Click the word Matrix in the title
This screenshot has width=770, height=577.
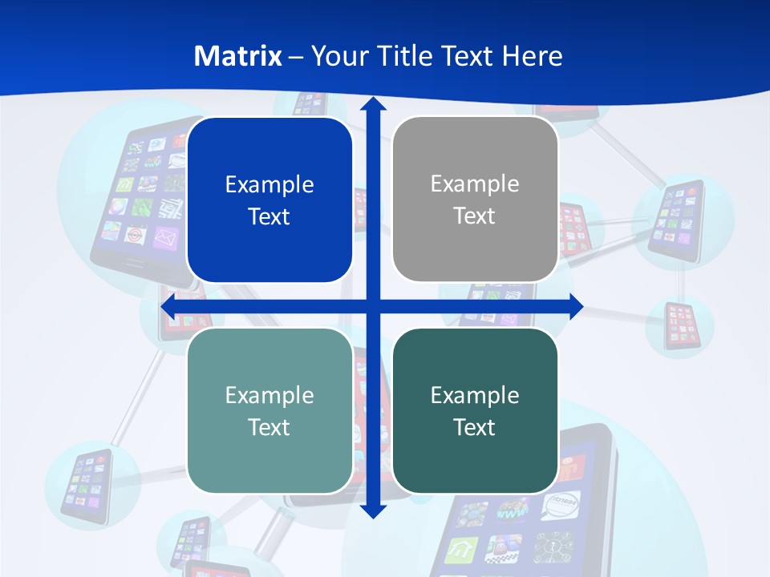238,56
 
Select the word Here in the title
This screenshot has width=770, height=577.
533,56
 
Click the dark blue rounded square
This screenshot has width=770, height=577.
269,200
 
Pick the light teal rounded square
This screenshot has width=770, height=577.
269,410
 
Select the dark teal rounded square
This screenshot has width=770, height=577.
475,410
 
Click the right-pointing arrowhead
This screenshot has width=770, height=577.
575,306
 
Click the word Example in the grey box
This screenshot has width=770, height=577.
475,184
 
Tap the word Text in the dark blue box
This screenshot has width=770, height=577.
269,216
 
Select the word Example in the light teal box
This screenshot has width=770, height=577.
269,395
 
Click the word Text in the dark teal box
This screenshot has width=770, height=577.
475,427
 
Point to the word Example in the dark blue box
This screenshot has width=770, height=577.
269,184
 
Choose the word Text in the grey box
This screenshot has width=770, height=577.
475,216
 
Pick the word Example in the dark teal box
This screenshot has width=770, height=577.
475,395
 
